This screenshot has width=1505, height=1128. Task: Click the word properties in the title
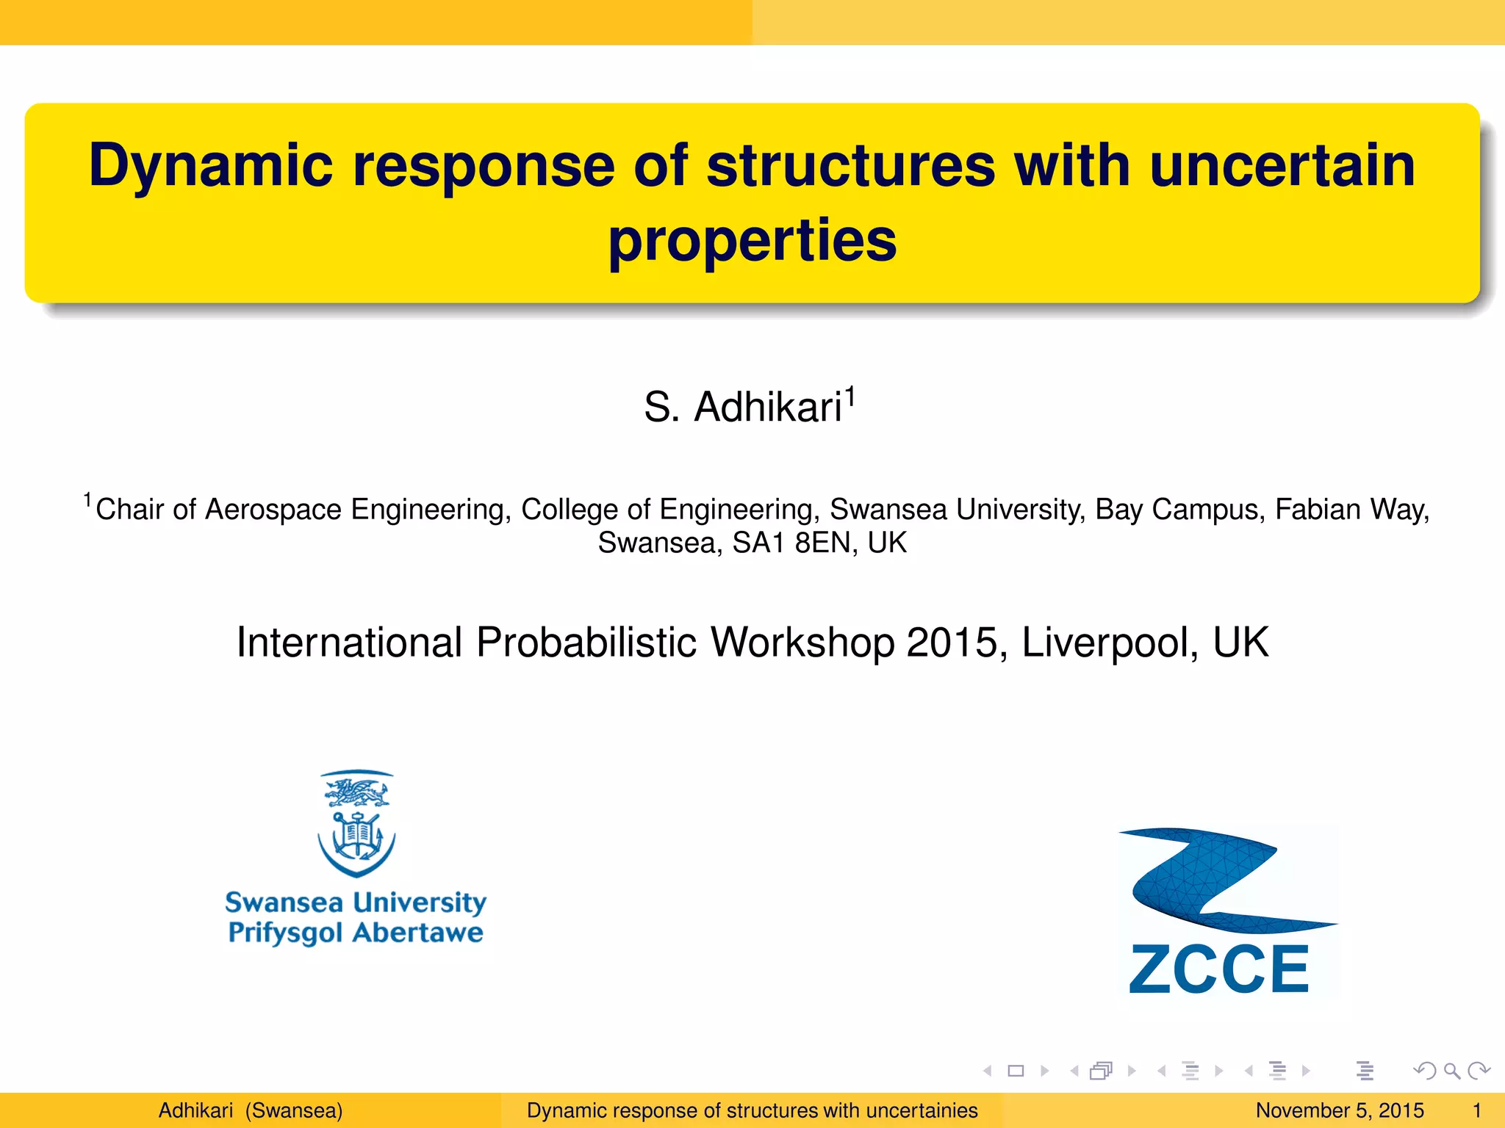[x=752, y=240]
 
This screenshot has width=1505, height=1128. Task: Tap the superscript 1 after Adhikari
[x=850, y=397]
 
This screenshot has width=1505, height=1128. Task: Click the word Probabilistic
[x=586, y=643]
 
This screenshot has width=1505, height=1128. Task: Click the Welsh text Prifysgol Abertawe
[x=356, y=933]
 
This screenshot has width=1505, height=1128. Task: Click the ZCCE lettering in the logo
[x=1219, y=969]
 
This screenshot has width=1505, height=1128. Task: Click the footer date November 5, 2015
[x=1339, y=1110]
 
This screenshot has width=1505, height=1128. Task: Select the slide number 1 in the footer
[x=1476, y=1110]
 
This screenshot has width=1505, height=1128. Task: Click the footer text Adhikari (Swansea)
[x=251, y=1110]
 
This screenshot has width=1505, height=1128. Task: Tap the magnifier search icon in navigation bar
[x=1451, y=1071]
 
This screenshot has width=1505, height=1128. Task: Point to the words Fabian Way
[x=1351, y=510]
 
